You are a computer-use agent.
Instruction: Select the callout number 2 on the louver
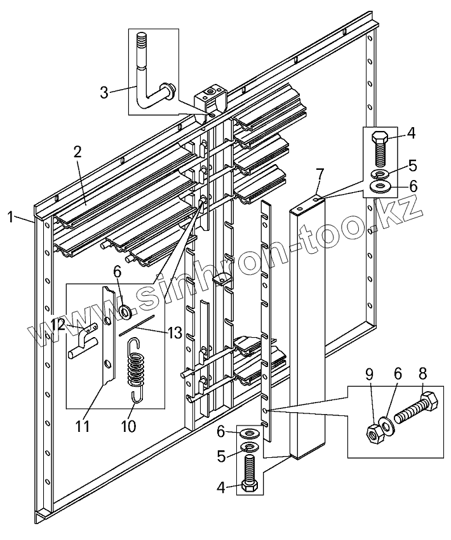point(77,152)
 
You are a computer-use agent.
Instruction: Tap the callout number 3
point(104,92)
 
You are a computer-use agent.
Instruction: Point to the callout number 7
point(320,173)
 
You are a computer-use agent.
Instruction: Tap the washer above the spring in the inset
point(125,311)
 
